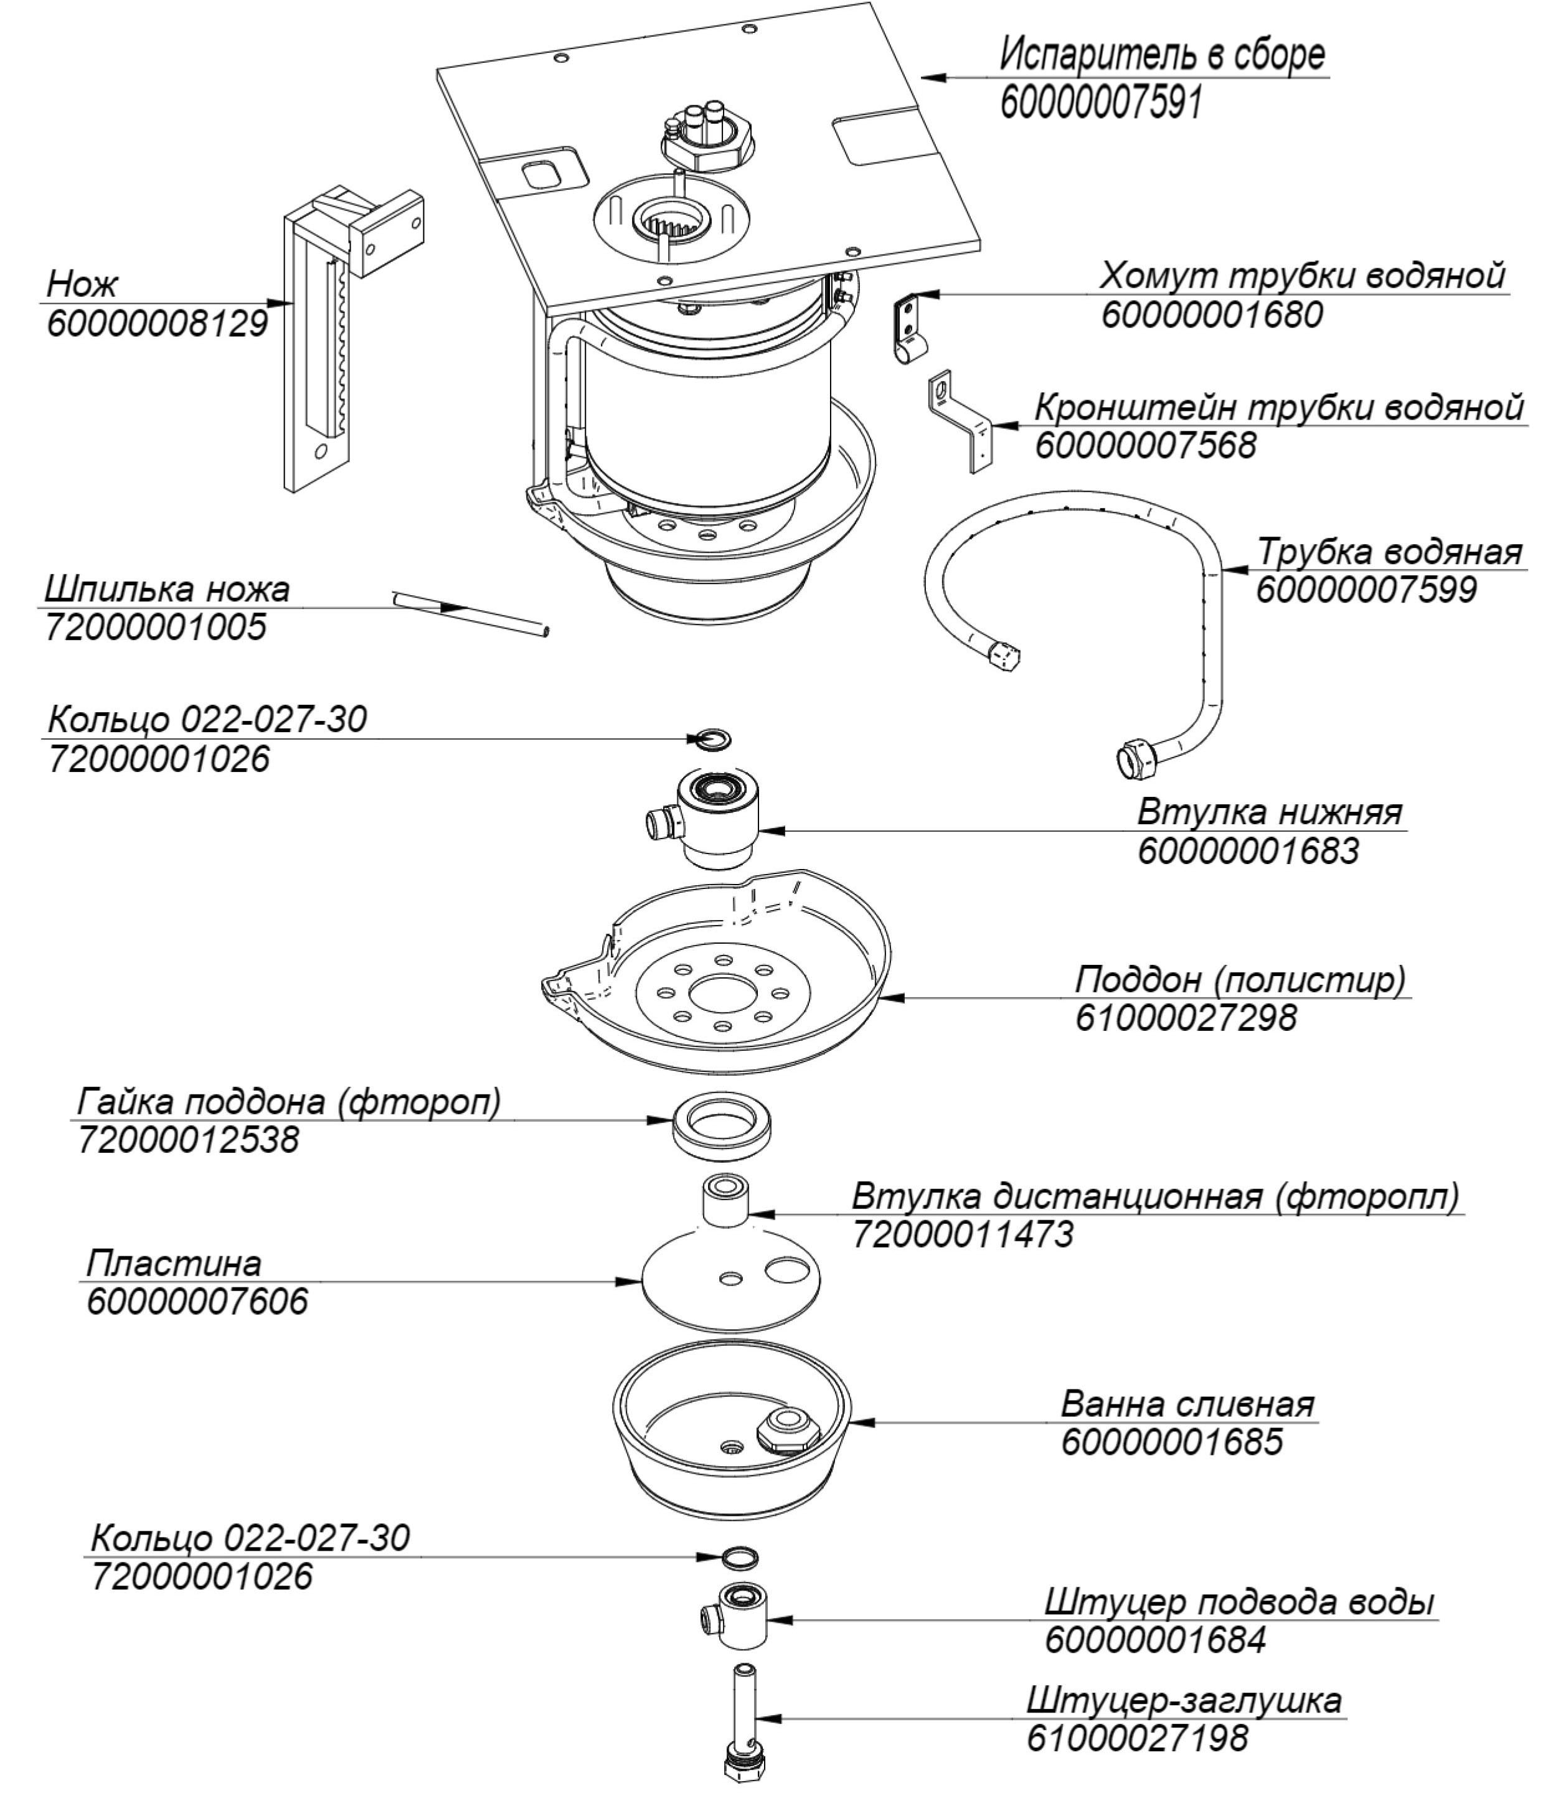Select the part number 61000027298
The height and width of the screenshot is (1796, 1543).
pyautogui.click(x=1186, y=1017)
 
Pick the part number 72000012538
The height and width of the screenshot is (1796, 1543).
pyautogui.click(x=188, y=1138)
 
